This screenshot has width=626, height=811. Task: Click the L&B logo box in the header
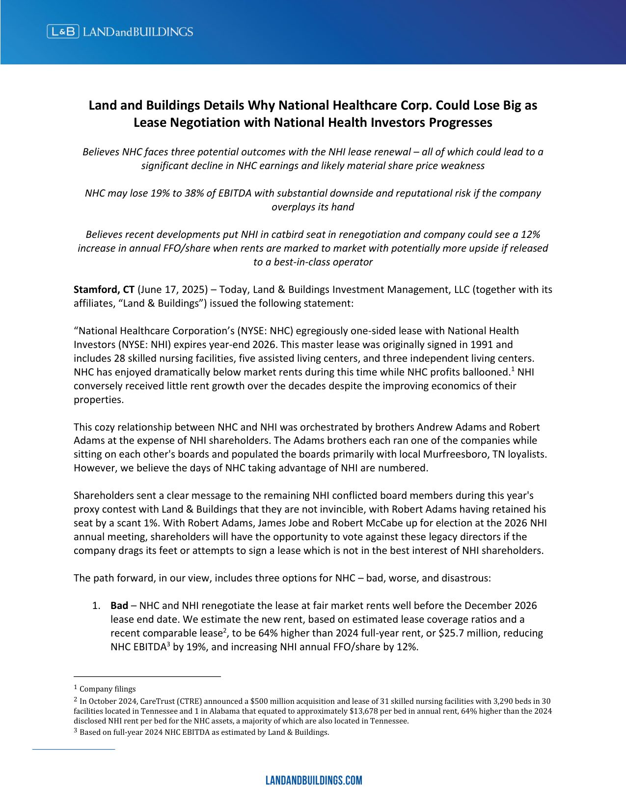[63, 32]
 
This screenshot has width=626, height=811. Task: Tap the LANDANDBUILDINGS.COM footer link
[313, 780]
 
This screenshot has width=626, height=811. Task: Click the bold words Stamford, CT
[104, 290]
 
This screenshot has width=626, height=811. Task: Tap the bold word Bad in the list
[119, 606]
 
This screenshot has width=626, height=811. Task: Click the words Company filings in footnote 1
[108, 689]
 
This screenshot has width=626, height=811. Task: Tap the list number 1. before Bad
[96, 606]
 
